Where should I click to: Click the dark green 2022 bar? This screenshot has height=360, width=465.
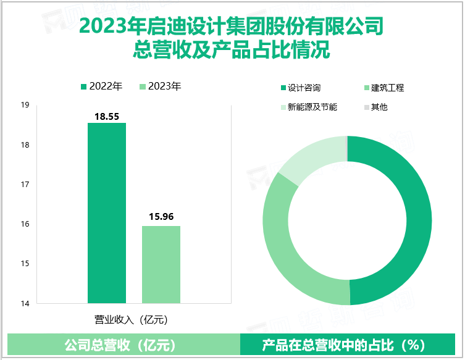tap(107, 213)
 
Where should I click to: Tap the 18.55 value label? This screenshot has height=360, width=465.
tap(107, 116)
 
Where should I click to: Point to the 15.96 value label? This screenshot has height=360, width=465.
tap(161, 217)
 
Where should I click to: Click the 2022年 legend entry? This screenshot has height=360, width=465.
tap(102, 86)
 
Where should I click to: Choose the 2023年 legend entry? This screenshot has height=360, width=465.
tap(161, 86)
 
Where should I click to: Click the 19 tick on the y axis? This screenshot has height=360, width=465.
tap(25, 106)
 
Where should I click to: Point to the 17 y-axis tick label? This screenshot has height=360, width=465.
tap(25, 185)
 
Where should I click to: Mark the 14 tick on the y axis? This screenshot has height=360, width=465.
tap(25, 303)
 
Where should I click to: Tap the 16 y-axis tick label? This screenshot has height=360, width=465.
tap(25, 224)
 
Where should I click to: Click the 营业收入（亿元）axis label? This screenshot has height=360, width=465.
tap(130, 319)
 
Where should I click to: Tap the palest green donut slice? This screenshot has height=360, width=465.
tap(312, 157)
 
